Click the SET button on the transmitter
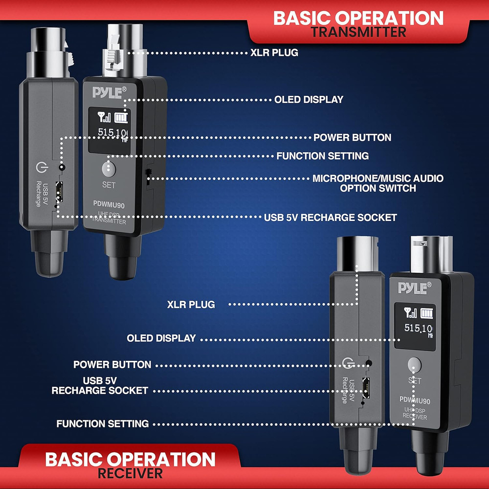[x=109, y=169]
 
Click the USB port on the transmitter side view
[x=59, y=191]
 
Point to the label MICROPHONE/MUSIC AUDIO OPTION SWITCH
[x=378, y=183]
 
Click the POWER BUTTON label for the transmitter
[x=352, y=137]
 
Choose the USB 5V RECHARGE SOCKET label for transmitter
[x=330, y=217]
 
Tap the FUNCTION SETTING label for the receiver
[x=102, y=423]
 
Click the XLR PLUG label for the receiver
[x=191, y=304]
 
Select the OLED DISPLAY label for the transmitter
[x=309, y=99]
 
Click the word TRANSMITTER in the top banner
[x=359, y=32]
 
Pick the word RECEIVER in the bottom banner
[x=130, y=473]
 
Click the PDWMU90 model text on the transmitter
[x=109, y=206]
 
